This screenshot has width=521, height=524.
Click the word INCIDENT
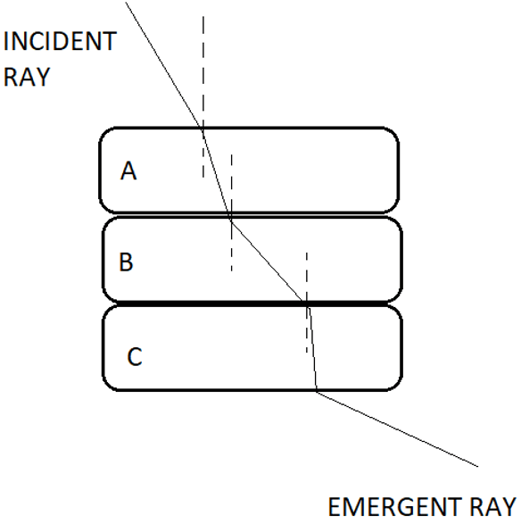click(60, 41)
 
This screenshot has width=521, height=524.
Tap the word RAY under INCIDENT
click(27, 77)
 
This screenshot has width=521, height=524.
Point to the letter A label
click(128, 171)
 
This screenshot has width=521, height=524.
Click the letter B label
click(126, 262)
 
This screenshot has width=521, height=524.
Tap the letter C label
click(135, 356)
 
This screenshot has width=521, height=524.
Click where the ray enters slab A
click(202, 128)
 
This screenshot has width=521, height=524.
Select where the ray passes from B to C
click(307, 304)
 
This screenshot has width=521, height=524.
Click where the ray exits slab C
click(317, 391)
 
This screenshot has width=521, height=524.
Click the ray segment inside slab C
click(312, 347)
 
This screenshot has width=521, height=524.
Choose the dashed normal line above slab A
click(203, 71)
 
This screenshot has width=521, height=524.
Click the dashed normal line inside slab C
click(307, 329)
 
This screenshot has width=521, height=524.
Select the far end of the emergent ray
click(478, 466)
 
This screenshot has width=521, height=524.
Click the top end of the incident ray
click(126, 2)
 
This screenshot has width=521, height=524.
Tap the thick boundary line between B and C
click(252, 304)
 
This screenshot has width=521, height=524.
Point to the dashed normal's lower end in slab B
click(231, 270)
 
